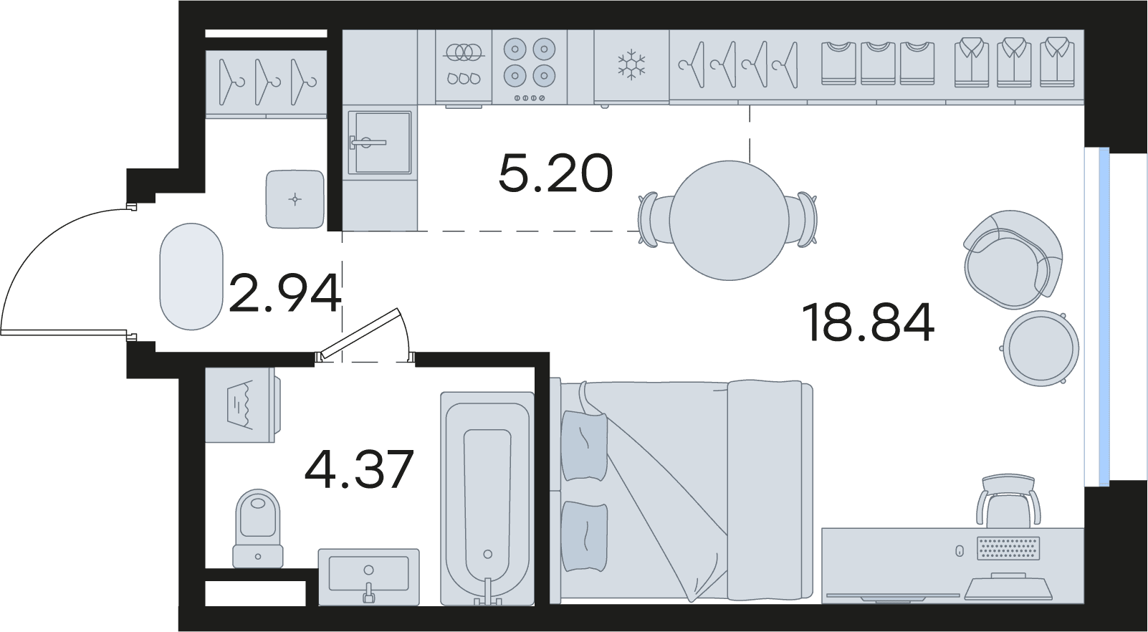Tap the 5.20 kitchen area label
tap(555, 173)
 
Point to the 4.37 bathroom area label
tap(359, 469)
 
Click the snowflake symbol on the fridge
tap(631, 64)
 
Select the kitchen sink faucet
tap(368, 143)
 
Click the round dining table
tap(729, 221)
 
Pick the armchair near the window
tap(1013, 259)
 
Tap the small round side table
tap(1041, 348)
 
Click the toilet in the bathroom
tap(258, 528)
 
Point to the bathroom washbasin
tap(368, 577)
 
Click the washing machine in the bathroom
tap(242, 404)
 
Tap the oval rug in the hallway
tap(191, 277)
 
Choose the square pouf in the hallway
tap(295, 199)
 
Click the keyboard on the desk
tap(1008, 548)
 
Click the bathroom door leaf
tap(358, 334)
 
